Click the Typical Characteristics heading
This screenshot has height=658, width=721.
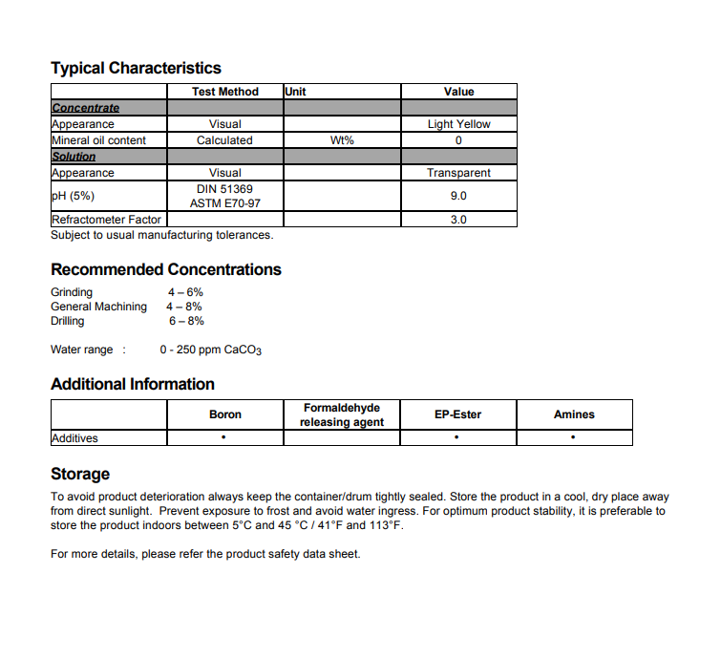136,68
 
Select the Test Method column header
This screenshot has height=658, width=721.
225,92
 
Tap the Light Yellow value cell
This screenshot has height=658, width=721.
458,124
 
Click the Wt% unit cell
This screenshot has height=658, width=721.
342,140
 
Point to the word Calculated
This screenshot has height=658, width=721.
224,140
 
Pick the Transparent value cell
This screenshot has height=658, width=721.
458,173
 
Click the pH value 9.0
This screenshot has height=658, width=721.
458,196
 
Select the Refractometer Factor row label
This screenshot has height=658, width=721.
106,220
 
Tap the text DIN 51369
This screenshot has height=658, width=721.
224,189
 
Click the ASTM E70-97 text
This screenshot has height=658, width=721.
224,203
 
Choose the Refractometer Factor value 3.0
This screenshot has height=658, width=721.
458,220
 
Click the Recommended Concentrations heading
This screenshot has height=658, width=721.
166,269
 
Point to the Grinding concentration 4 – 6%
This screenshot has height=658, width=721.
185,292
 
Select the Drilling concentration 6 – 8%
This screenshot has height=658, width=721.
186,321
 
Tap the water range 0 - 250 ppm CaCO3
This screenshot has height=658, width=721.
211,350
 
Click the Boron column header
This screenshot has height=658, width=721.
225,414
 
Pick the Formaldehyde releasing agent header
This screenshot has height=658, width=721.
343,414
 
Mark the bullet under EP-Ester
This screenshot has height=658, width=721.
457,438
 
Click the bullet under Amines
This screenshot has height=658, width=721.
573,438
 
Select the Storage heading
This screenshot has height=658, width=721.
80,474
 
